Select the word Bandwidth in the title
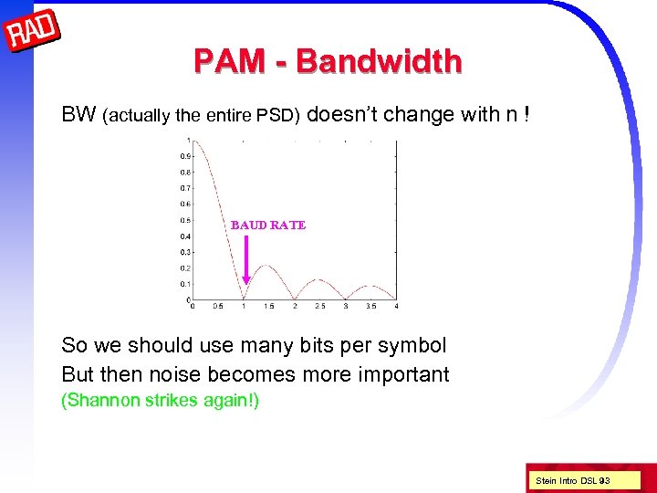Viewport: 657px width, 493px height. coord(380,61)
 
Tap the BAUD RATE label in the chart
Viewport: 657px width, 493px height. coord(268,225)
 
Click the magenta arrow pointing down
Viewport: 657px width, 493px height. coord(245,260)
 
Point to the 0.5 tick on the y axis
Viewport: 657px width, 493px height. coord(185,219)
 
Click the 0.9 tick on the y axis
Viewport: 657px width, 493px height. coord(185,155)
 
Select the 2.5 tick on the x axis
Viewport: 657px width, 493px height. coord(320,306)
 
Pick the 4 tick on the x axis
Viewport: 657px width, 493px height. coord(396,306)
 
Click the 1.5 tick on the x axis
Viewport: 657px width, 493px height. coord(269,306)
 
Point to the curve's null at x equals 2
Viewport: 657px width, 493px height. coord(295,299)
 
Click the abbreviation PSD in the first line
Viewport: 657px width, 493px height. coord(281,116)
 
